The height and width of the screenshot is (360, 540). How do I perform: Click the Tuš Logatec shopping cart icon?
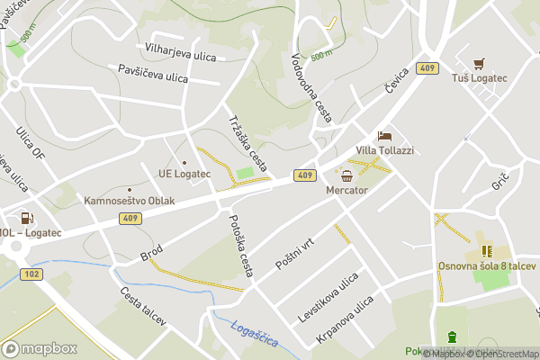click(480, 63)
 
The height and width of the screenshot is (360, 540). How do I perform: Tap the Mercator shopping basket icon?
click(347, 175)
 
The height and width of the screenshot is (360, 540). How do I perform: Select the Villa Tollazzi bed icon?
click(385, 136)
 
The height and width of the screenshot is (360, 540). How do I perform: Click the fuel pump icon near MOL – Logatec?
click(27, 218)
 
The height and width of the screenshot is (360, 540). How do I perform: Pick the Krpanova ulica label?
click(344, 322)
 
